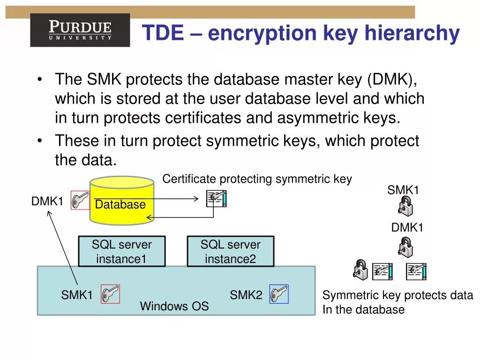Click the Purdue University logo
click(80, 30)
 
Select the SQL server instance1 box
click(122, 252)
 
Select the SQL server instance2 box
click(230, 252)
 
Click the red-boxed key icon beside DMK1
click(80, 200)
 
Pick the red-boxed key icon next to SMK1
click(110, 294)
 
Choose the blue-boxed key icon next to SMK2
click(279, 294)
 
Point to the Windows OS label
click(174, 307)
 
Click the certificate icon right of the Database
click(217, 199)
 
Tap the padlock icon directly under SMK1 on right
click(405, 206)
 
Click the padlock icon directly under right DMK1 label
click(405, 247)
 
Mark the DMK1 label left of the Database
click(47, 202)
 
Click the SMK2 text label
click(246, 295)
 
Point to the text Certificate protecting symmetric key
click(257, 179)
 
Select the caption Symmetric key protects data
click(397, 295)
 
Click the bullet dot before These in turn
click(42, 141)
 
